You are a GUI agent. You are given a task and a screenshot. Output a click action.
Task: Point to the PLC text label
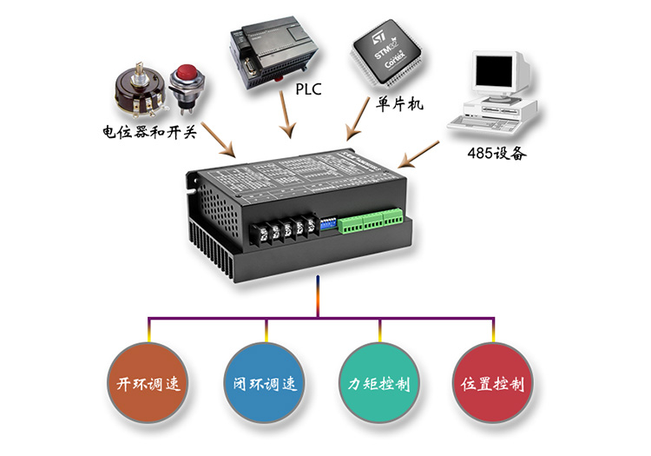pos(310,89)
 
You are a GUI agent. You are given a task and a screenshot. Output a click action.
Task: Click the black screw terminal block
pos(282,230)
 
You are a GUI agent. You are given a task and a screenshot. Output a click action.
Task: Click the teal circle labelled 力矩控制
pos(379,383)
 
